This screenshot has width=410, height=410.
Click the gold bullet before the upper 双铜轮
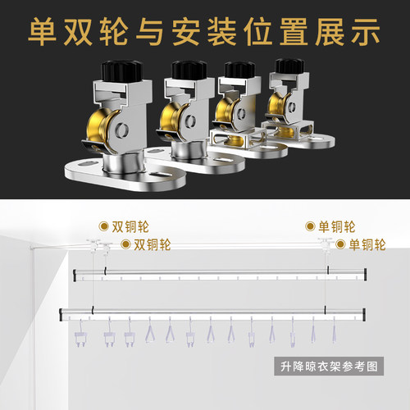[x=103, y=225]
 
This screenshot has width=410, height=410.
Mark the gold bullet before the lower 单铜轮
[x=341, y=244]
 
